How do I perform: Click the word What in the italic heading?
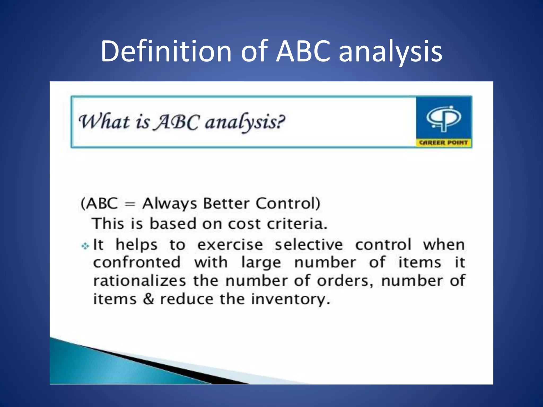point(104,122)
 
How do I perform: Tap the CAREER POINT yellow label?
point(444,143)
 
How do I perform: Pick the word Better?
point(226,203)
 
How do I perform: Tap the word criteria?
point(297,224)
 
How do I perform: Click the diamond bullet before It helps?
point(85,246)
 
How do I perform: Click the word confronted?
point(137,263)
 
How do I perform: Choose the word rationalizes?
point(140,281)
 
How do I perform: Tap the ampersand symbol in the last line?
point(148,299)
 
